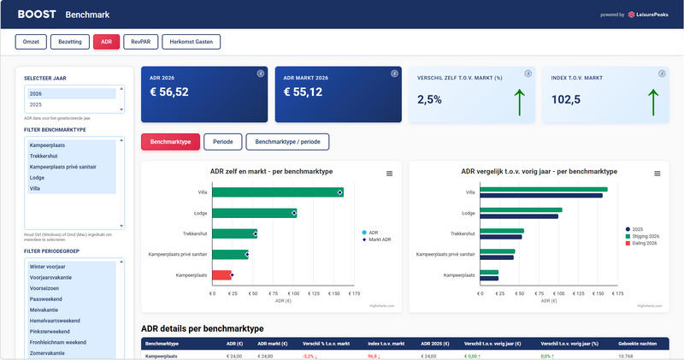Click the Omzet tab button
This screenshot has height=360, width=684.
click(30, 41)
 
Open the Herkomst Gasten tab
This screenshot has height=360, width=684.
click(192, 41)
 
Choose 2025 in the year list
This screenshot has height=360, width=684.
click(36, 104)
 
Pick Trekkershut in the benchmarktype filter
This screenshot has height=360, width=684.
click(45, 156)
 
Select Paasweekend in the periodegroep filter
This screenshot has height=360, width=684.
click(47, 298)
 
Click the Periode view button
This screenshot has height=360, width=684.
click(222, 142)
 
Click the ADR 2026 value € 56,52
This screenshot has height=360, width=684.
click(169, 92)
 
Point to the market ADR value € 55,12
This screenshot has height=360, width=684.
click(303, 92)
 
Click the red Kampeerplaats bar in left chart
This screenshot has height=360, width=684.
click(221, 274)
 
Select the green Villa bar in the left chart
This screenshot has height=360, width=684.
click(275, 192)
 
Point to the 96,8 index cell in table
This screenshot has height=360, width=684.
click(372, 356)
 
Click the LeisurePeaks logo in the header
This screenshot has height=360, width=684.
click(650, 15)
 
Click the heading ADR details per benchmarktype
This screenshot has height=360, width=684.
click(202, 328)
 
